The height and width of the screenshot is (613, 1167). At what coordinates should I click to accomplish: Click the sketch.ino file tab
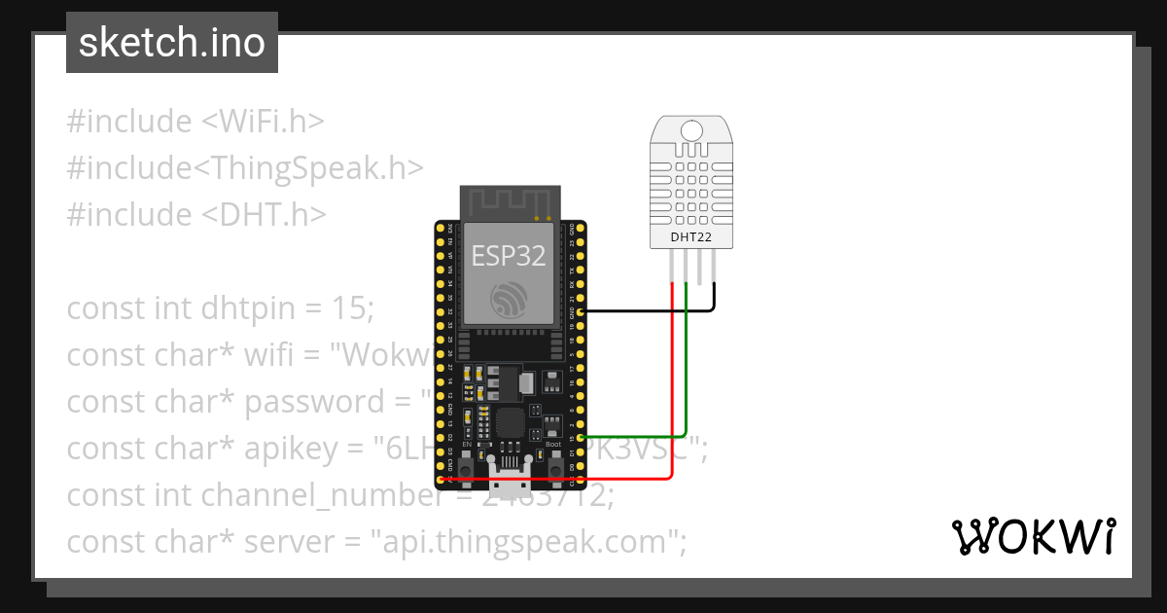coord(172,43)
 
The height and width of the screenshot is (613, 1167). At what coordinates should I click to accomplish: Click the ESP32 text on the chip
coord(509,256)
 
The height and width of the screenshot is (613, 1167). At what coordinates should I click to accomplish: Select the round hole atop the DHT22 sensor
coord(692,130)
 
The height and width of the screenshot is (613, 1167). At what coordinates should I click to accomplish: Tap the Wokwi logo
coord(1033,536)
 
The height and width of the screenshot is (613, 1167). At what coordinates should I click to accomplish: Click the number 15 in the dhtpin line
coord(349,308)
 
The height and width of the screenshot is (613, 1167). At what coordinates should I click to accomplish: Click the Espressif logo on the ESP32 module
coord(509,299)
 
